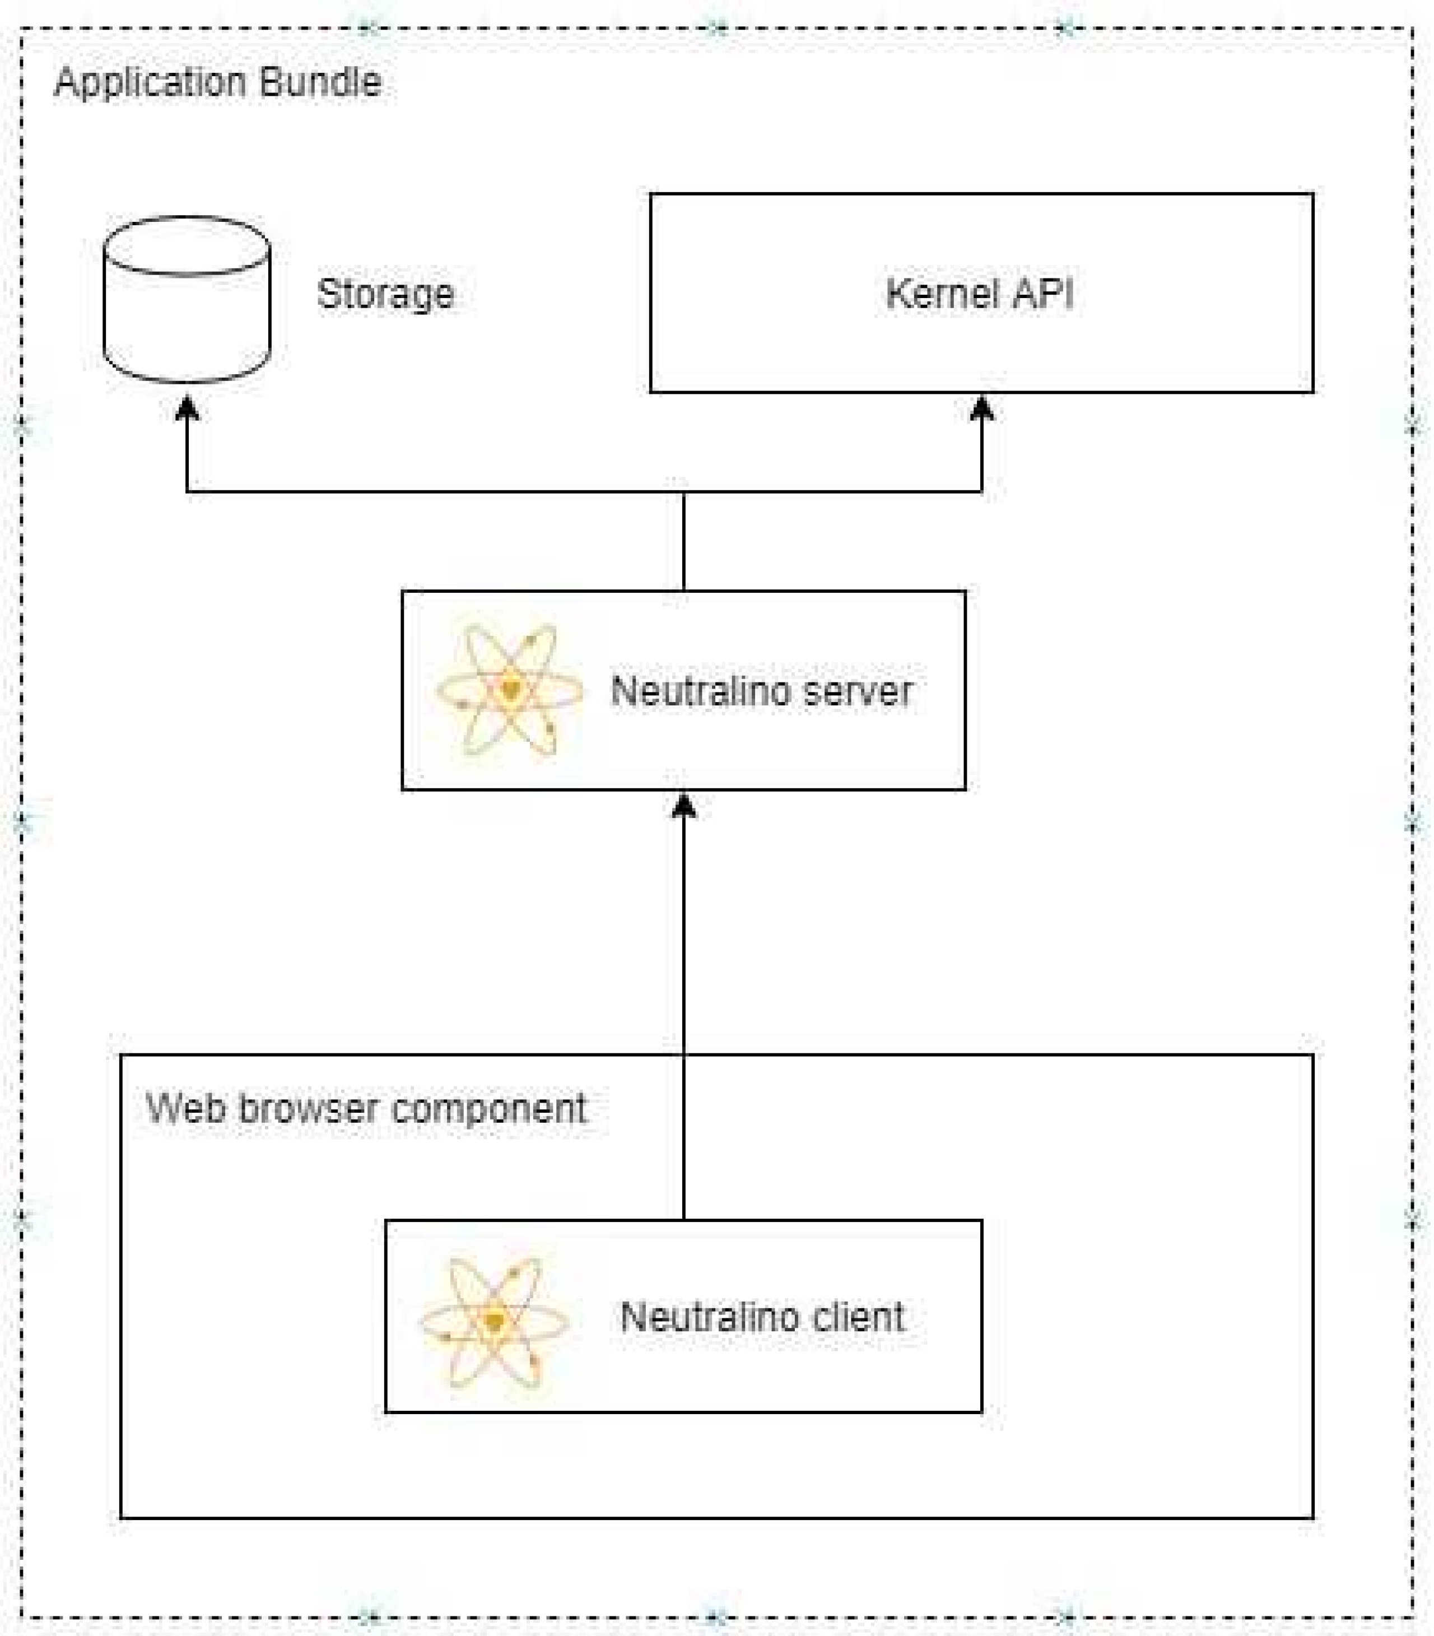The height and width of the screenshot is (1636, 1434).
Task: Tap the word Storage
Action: (385, 294)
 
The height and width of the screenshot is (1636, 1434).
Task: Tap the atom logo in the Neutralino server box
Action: (510, 689)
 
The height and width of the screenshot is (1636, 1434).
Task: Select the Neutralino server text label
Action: (761, 691)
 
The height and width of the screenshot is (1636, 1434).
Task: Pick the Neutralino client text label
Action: (762, 1317)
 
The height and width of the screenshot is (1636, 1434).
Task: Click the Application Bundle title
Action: (218, 82)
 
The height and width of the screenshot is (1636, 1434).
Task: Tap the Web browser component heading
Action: (366, 1109)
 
